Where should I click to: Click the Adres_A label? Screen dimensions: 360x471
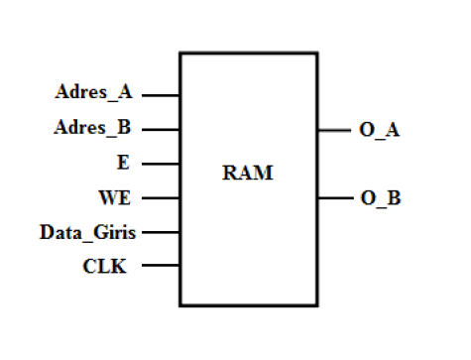click(x=92, y=95)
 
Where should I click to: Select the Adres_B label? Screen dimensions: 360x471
click(x=92, y=129)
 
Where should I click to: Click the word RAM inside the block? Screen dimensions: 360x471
click(x=247, y=174)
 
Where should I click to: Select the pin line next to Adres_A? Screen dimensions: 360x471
click(x=162, y=96)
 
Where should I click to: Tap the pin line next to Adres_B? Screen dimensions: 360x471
click(x=162, y=130)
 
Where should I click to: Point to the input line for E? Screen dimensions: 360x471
click(x=162, y=164)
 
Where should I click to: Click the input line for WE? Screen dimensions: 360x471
click(x=162, y=197)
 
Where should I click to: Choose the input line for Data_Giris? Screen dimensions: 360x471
click(x=162, y=232)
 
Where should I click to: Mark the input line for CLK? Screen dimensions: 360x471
click(x=162, y=266)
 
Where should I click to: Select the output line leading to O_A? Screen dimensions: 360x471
click(x=333, y=130)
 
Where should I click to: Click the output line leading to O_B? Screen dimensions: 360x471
click(x=333, y=197)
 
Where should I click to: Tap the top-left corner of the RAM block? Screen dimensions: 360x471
click(x=179, y=54)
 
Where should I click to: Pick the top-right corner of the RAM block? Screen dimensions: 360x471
click(x=317, y=54)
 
